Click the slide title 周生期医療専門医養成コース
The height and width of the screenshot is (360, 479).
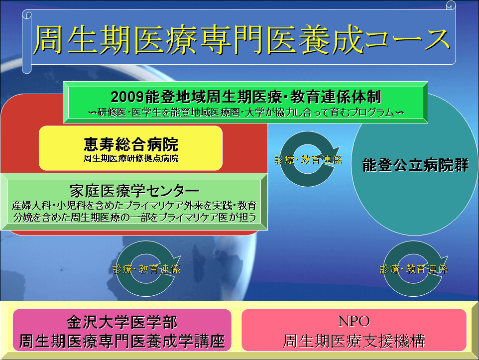[241, 40]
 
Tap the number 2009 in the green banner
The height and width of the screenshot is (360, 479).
[127, 97]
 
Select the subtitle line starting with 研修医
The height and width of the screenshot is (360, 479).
[246, 113]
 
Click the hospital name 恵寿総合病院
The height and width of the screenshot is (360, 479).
[131, 144]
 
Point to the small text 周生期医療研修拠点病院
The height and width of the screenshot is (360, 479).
[131, 158]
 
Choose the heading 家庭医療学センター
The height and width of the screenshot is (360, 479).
[134, 191]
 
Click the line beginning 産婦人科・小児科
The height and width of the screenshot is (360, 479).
[134, 205]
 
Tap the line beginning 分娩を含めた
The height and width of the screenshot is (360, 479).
[135, 217]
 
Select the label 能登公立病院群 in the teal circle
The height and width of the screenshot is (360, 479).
[415, 165]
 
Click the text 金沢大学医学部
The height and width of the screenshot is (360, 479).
[122, 323]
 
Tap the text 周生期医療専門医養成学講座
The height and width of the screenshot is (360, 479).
[122, 341]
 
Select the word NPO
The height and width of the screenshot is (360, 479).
[354, 321]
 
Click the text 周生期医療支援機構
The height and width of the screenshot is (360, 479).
[354, 341]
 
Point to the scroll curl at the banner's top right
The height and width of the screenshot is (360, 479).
[451, 5]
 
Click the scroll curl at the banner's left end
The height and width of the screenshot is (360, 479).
[27, 43]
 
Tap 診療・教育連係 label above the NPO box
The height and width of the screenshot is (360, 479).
[414, 269]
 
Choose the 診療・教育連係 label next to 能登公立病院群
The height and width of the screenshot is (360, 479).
[308, 160]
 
